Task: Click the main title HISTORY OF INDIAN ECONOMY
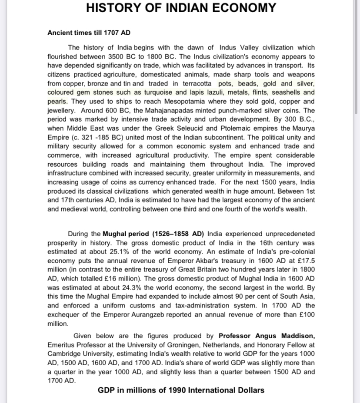tap(181, 8)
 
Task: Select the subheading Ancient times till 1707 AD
tap(89, 33)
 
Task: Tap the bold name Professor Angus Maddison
tap(267, 336)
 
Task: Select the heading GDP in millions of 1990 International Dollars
tap(181, 390)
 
